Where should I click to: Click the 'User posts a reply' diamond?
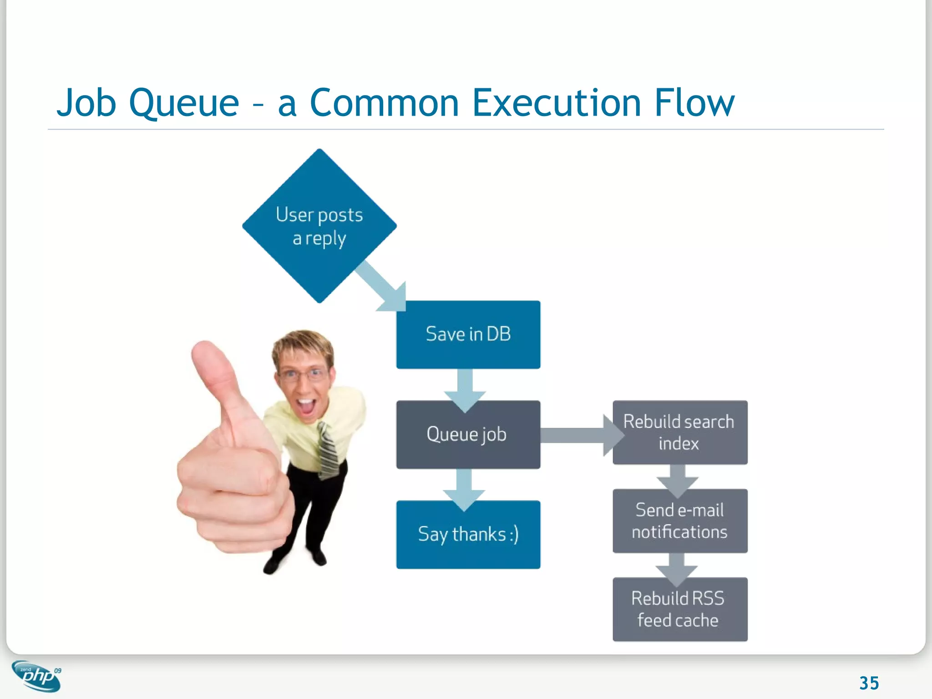319,226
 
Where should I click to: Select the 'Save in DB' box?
468,334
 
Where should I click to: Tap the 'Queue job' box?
468,435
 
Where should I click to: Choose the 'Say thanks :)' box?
468,535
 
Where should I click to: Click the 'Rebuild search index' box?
679,432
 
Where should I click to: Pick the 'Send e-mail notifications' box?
679,521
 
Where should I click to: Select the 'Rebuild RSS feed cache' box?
679,610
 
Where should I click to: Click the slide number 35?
869,683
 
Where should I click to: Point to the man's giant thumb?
214,378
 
